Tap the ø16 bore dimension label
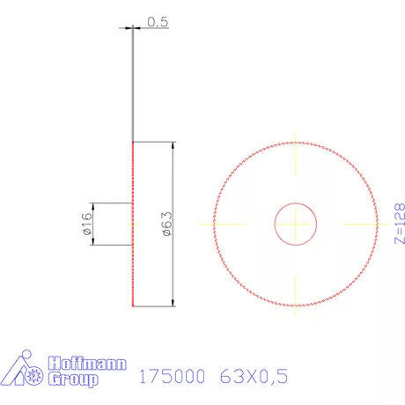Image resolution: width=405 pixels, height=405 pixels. pos(86,224)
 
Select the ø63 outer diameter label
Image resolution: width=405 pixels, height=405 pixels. pos(165,224)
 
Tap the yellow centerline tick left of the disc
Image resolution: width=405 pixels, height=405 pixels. pos(222,224)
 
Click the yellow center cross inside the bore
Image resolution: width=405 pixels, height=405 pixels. pos(295,224)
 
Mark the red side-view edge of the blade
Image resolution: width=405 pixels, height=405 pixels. pos(132,264)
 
